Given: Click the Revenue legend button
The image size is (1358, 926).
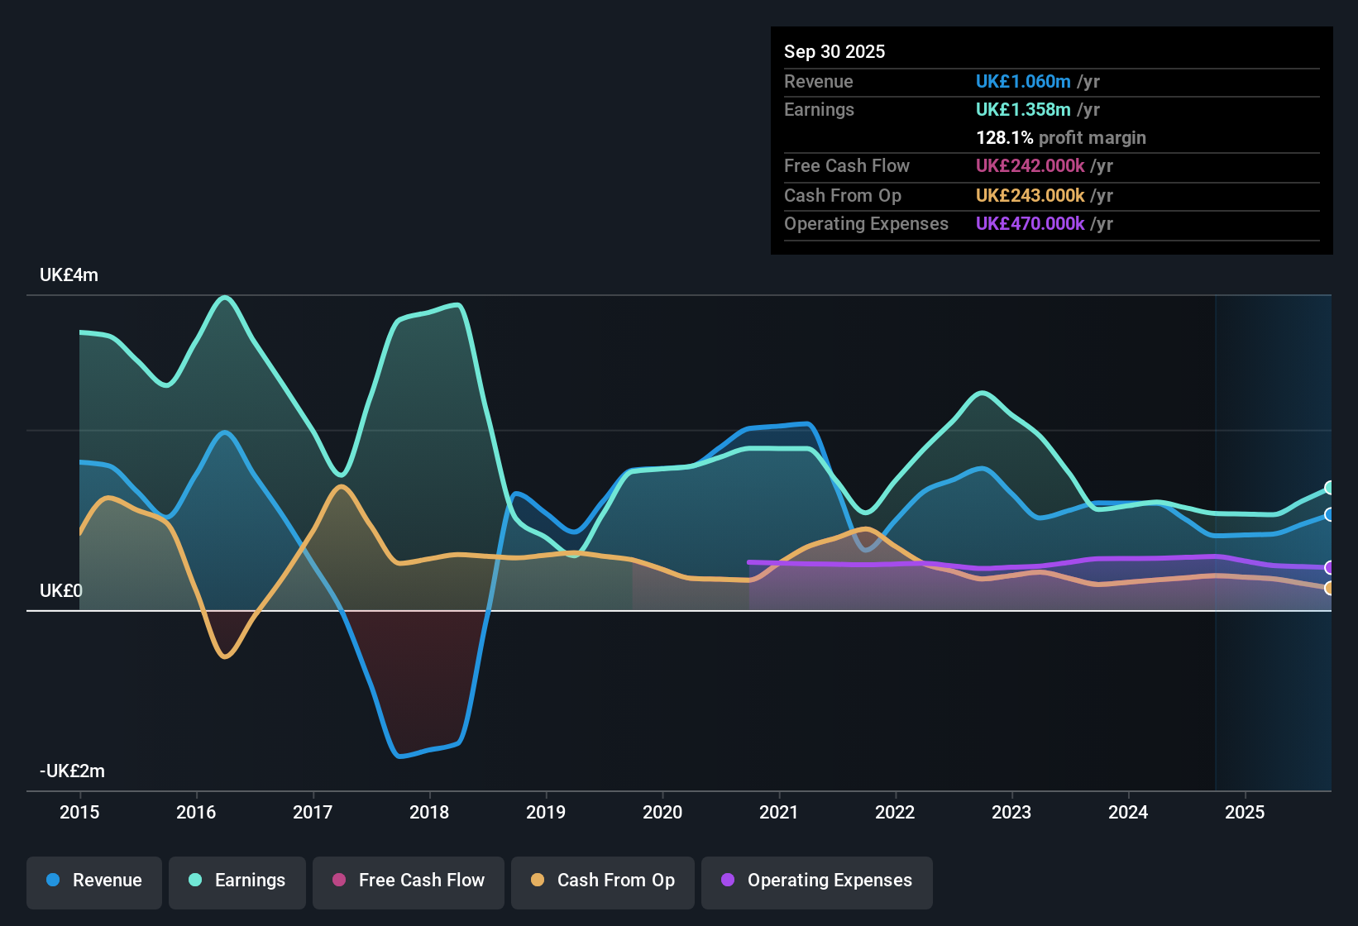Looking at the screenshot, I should pos(94,881).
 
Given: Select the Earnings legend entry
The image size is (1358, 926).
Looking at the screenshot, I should pos(237,881).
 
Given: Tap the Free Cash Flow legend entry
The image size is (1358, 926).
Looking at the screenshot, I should pos(409,881).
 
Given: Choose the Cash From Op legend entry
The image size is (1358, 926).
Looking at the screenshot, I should pos(603,881).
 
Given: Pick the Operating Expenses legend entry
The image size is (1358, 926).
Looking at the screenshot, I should pos(817,881).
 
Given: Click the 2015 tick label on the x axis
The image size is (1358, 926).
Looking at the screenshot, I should pos(79,812).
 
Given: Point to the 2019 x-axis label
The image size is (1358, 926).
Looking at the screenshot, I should pos(546,812).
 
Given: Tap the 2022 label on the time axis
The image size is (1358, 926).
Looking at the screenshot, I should pos(895,812).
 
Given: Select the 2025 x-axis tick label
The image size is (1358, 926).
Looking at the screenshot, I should pos(1245,812).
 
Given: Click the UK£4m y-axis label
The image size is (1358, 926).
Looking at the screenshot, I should pos(69,275).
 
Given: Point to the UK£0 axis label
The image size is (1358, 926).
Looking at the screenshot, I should pos(61,591).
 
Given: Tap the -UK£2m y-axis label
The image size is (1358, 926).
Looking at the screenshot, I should pos(72,771).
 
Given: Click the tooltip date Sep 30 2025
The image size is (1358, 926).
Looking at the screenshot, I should pos(834,51).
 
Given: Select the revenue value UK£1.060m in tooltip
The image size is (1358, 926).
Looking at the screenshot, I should pos(1023,81).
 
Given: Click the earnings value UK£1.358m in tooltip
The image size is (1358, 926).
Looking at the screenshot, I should pos(1023,109).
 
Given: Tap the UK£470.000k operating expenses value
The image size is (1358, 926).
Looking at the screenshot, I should pos(1030,223).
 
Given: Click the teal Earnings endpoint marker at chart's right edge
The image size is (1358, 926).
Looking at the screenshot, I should pos(1329,488).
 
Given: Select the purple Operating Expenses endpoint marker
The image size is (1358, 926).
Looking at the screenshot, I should pos(1329,567).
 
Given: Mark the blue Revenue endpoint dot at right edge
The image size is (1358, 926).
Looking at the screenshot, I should pos(1329,514).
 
